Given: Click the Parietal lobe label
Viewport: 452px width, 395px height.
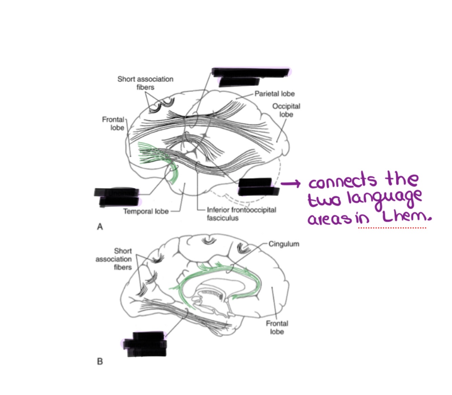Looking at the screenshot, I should [274, 94].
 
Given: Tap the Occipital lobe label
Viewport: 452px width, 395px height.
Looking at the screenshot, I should [286, 110].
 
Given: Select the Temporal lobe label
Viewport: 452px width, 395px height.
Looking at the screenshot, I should [146, 211].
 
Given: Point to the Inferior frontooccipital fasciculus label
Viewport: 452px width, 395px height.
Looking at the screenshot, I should [241, 214].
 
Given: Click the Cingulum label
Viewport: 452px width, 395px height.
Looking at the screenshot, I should [284, 244].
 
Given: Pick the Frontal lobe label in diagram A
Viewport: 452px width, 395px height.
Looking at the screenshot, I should [114, 124].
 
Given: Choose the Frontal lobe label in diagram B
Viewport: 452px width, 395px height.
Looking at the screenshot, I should [277, 327].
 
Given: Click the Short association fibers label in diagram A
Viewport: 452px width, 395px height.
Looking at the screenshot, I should [145, 83].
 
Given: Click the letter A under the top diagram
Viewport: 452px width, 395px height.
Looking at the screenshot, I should [100, 226].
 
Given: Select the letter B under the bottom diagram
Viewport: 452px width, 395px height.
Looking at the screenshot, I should [100, 361].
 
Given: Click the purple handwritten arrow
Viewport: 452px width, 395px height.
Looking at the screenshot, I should [290, 184].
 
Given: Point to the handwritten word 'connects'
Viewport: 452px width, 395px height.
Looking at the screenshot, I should [342, 182].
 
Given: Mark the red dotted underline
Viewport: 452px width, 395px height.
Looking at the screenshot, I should [392, 228].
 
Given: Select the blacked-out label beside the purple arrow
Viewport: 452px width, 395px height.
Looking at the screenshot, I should [258, 187].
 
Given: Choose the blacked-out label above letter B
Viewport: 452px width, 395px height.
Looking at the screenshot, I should [146, 344].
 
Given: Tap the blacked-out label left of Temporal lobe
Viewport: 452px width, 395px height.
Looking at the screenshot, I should [117, 197].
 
